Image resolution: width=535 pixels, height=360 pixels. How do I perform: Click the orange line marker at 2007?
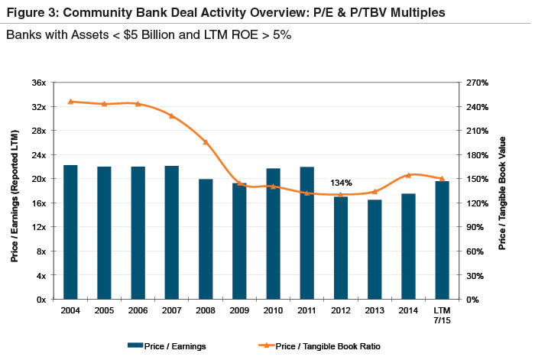pos(171,115)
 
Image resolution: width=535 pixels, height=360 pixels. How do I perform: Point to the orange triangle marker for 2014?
pos(408,175)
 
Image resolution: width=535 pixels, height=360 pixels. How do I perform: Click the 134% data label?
pos(341,183)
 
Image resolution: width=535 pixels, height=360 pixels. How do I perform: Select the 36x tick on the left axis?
pos(38,83)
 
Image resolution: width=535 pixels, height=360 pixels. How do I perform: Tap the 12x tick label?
pos(38,227)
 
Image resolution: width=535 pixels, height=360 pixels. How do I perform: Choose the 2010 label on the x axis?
pos(273,311)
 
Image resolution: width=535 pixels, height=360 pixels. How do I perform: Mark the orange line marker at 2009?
pos(239,183)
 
